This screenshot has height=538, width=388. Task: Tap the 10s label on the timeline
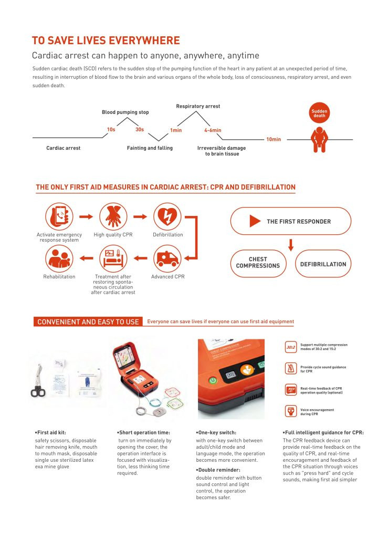coord(111,130)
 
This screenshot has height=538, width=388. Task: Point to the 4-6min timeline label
coord(213,130)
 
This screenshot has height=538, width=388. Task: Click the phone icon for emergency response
coord(58,216)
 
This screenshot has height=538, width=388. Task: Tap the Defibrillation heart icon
coord(167,216)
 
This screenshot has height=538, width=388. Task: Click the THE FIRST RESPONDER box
coord(290,221)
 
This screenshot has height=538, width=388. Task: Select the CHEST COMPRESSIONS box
coord(258,263)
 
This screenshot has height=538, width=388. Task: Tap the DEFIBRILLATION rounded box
coord(323,264)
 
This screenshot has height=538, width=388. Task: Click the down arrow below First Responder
coord(291,244)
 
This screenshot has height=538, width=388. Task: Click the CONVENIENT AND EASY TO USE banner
coord(88,322)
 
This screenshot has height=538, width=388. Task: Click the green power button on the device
coord(213,379)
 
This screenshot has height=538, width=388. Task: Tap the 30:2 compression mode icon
coord(290,347)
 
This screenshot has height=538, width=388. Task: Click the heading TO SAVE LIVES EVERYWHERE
coord(106,41)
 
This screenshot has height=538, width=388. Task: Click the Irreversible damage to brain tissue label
coord(222,151)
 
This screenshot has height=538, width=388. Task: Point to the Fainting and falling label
coord(150,148)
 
